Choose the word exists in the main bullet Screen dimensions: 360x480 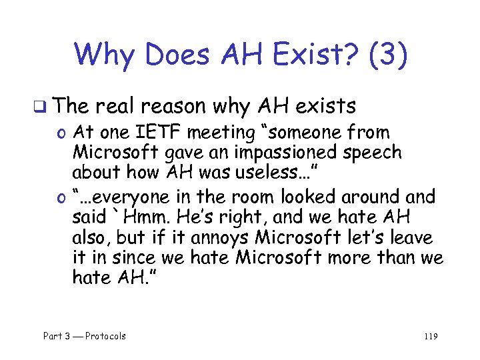click(x=325, y=105)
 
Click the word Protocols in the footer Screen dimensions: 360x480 click(x=105, y=336)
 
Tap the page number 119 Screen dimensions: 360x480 click(x=430, y=336)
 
